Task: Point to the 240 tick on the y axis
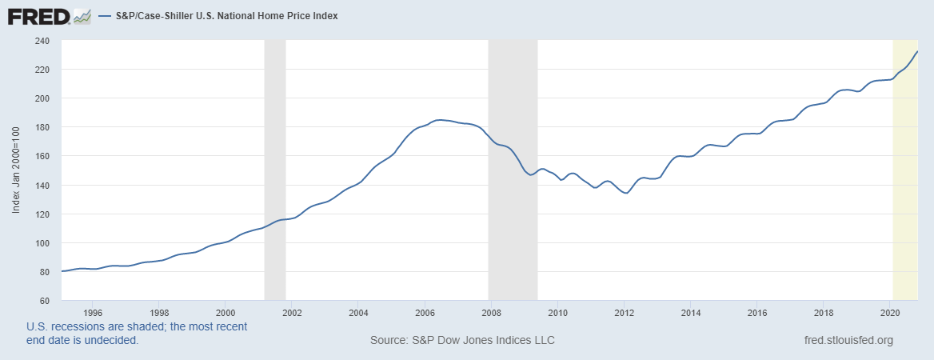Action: [x=41, y=41]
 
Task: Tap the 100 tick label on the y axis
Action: [x=41, y=243]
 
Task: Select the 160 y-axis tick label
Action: [x=41, y=156]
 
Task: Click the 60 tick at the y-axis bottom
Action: [x=43, y=301]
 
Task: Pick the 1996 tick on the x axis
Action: [x=93, y=313]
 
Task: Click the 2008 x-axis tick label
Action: [x=491, y=313]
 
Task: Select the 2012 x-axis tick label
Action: [x=624, y=313]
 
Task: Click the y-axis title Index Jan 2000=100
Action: [x=16, y=170]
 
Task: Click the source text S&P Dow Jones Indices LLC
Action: [x=462, y=341]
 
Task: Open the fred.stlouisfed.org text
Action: [x=848, y=341]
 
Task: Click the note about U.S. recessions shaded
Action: [x=137, y=334]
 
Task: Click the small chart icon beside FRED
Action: [x=82, y=15]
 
